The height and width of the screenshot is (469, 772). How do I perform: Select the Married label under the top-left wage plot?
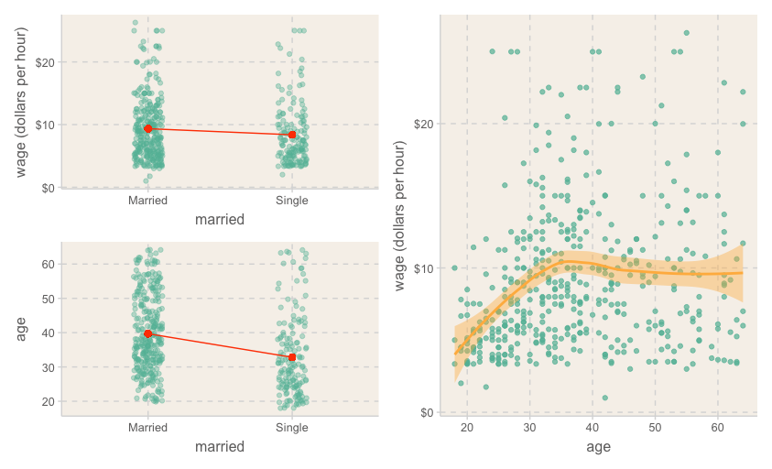coord(147,201)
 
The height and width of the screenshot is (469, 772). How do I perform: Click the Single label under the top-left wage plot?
coord(292,201)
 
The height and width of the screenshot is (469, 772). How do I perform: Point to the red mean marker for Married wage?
coord(148,128)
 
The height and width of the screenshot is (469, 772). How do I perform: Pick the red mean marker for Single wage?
coord(292,135)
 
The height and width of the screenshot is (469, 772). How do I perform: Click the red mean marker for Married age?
coord(148,333)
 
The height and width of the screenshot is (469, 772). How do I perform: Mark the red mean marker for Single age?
coord(292,356)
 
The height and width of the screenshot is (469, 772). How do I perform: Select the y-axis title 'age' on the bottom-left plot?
coord(23,329)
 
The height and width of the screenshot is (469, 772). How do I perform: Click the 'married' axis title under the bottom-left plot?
coord(220,447)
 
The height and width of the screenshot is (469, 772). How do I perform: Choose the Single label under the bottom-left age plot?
coord(292,428)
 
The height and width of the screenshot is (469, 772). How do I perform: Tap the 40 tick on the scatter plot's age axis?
coord(593,427)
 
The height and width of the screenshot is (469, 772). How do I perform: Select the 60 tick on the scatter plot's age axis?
coord(717,427)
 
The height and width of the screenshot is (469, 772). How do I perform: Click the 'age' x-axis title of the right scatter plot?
coord(598,447)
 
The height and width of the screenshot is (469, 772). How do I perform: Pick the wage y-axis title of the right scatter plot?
coord(402,213)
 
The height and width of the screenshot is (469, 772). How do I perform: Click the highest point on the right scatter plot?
coord(686,33)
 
